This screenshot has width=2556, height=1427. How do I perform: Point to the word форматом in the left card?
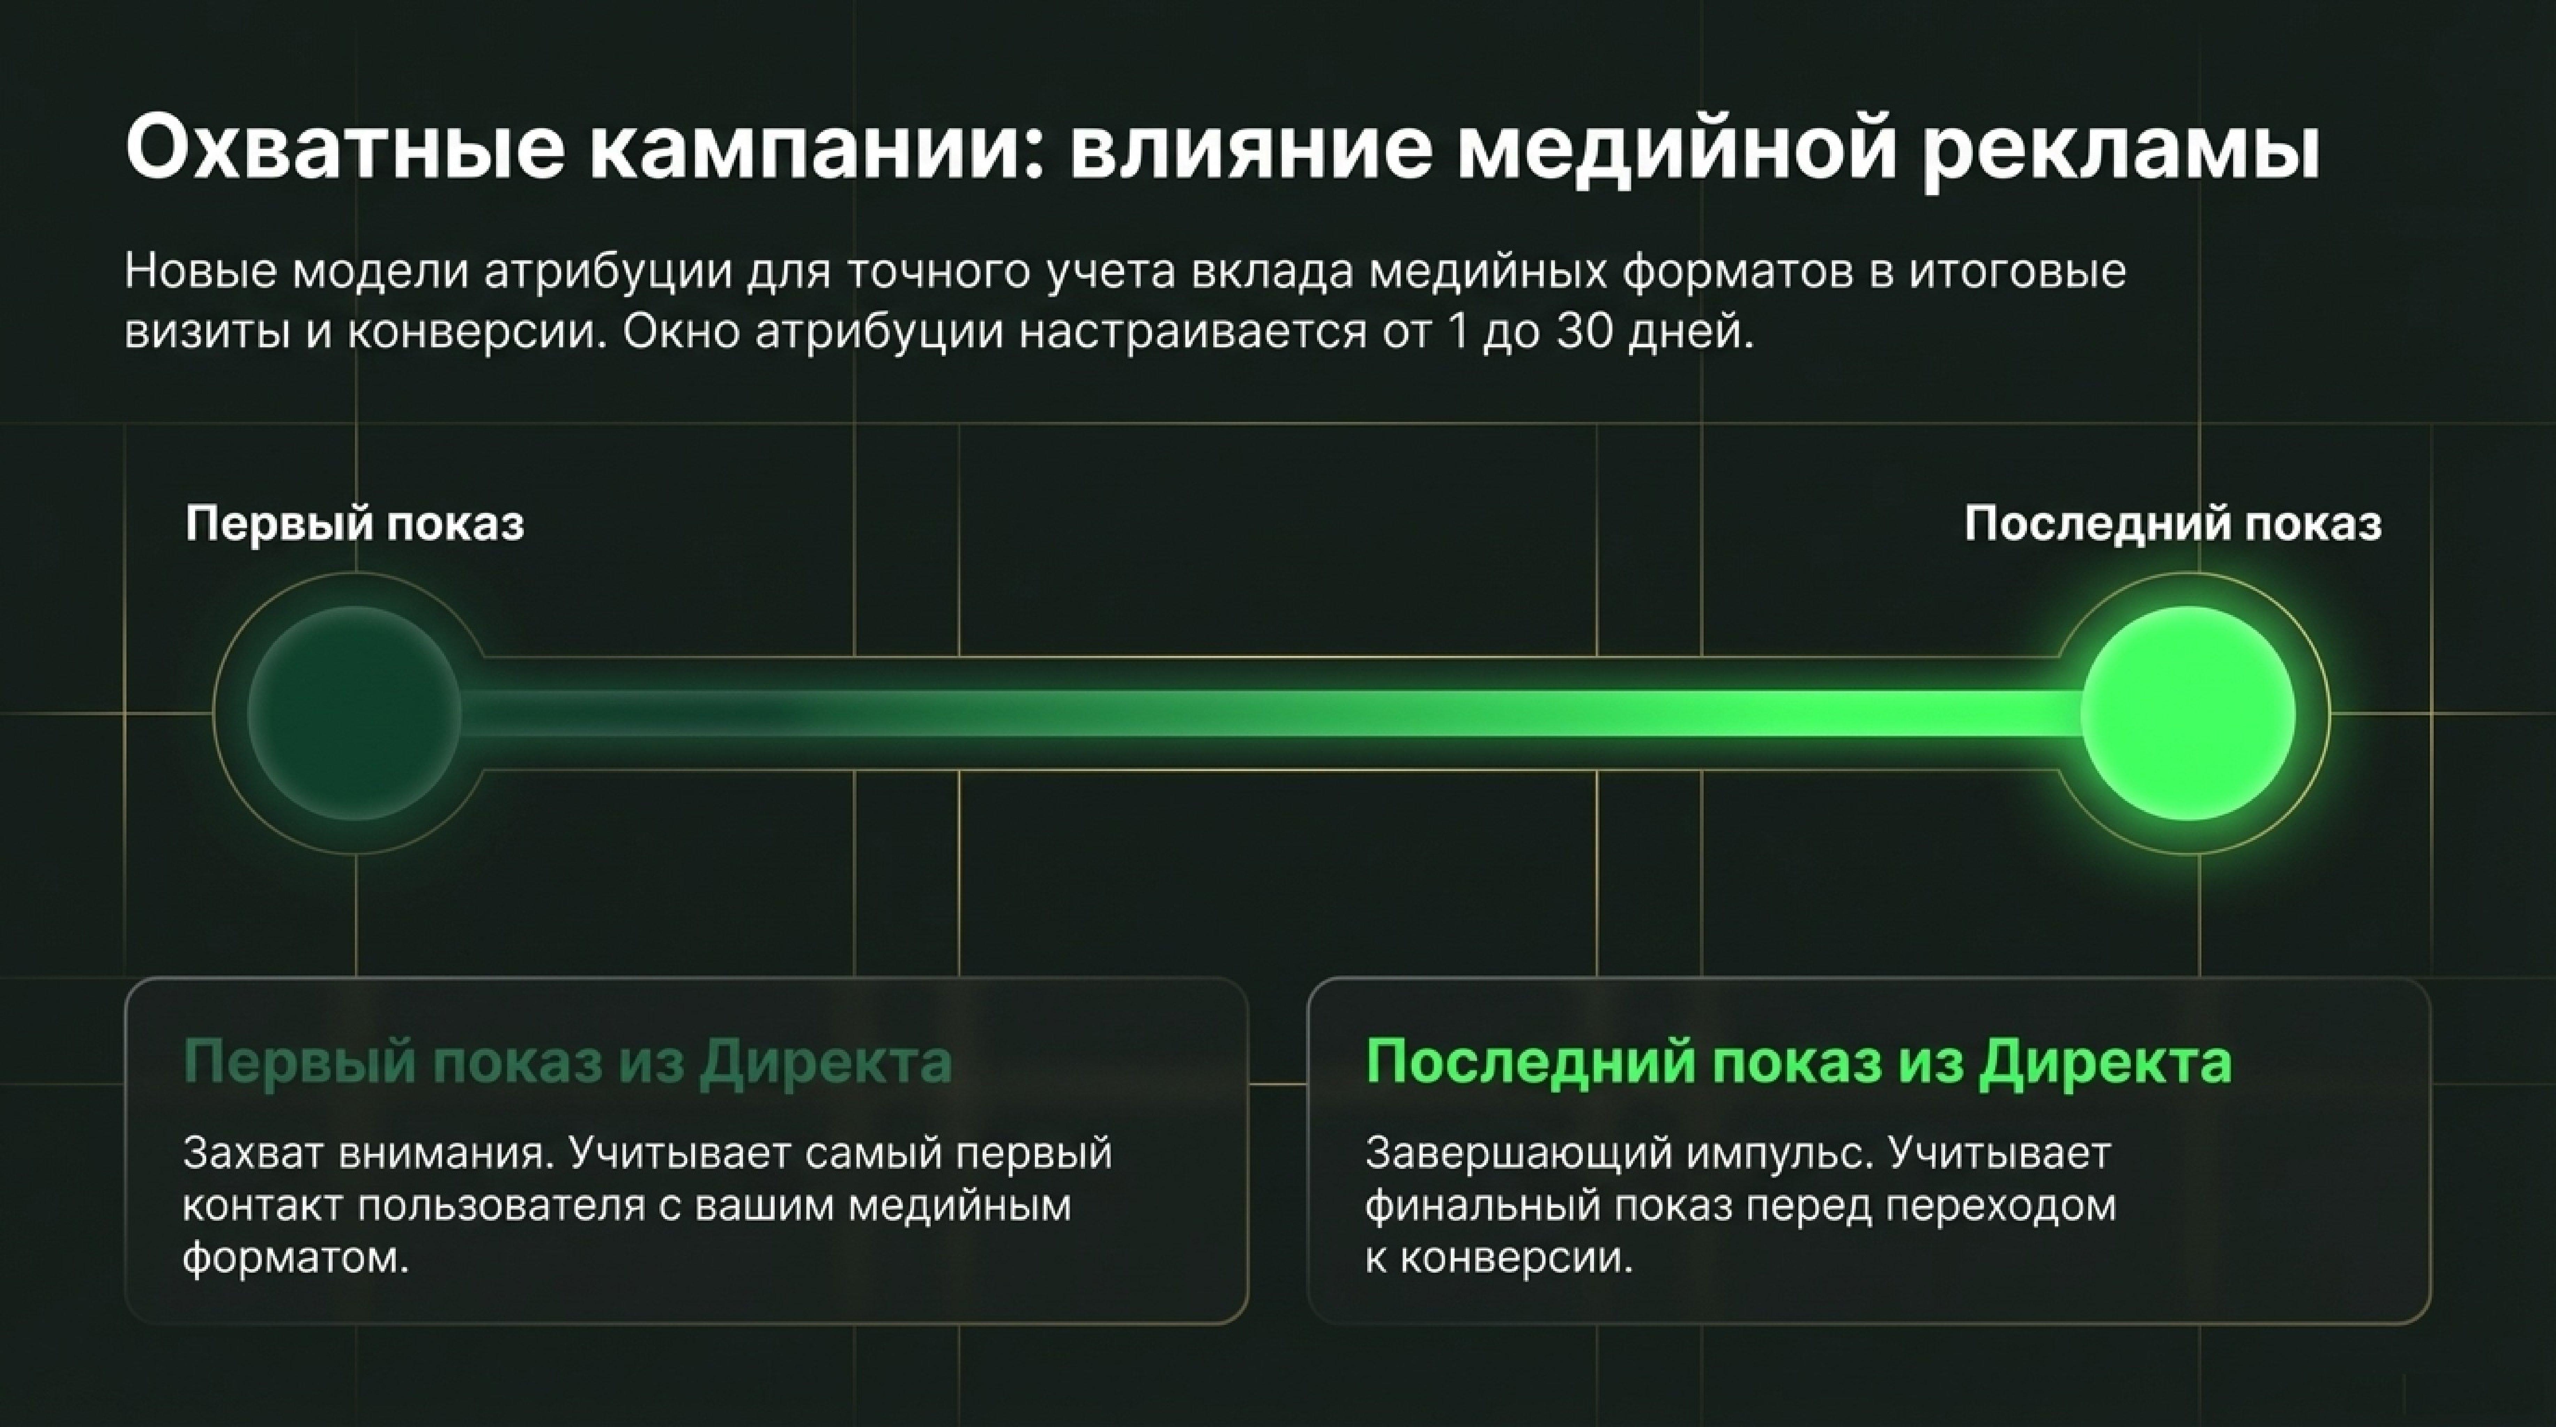tap(295, 1259)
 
